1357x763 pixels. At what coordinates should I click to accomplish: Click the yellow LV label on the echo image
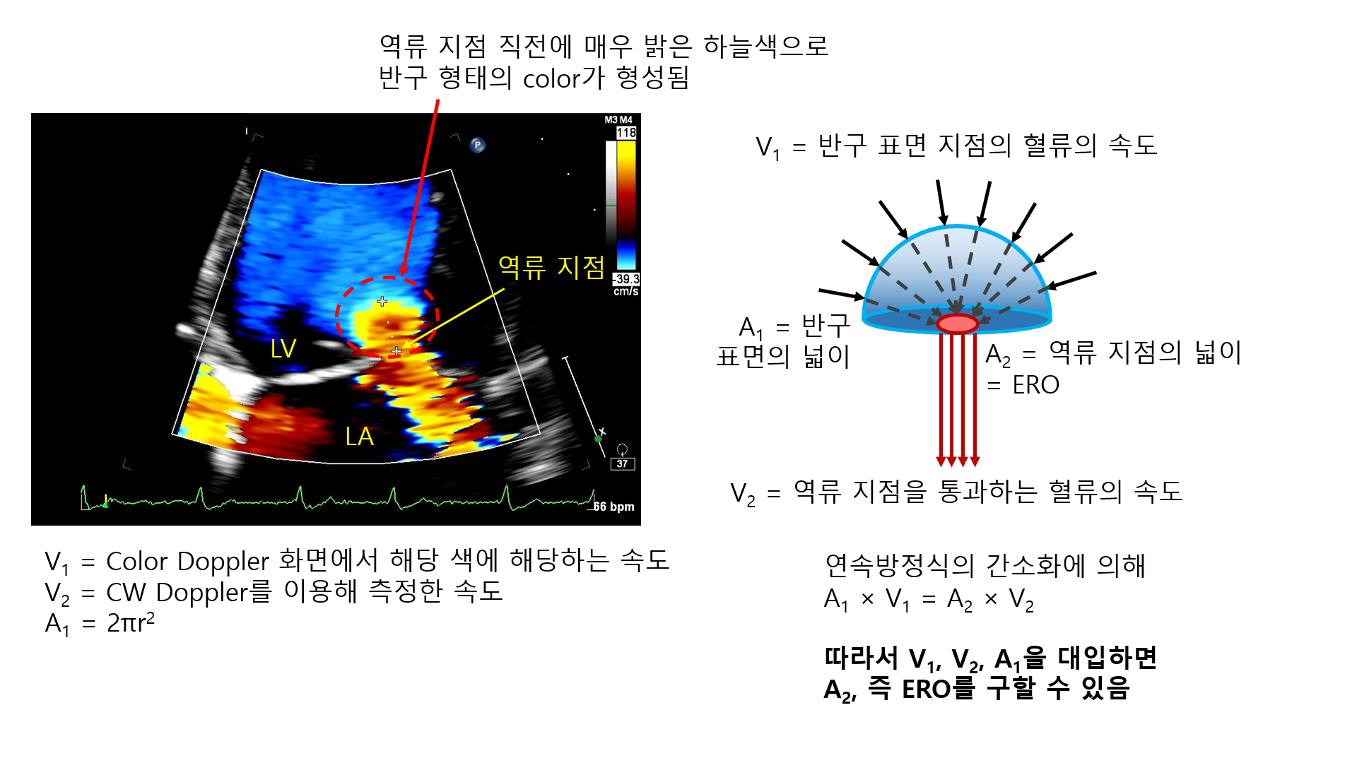coord(283,348)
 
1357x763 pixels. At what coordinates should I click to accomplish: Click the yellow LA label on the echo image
coord(359,437)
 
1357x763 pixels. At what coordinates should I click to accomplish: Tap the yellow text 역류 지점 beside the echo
coord(551,267)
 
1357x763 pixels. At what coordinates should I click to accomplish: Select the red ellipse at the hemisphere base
coord(958,324)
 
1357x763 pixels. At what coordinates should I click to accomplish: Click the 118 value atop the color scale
coord(626,133)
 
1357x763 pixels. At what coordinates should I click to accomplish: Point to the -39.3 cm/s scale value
coord(626,285)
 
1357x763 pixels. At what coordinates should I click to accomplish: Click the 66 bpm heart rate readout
coord(613,507)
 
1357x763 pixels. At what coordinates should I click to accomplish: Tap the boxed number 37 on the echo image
coord(622,464)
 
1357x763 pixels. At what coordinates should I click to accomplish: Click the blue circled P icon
coord(478,146)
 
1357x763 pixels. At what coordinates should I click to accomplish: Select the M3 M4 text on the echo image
coord(618,120)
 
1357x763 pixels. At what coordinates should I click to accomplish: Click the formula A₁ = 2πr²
coord(100,623)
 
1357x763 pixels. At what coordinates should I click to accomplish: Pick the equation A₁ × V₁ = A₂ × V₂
coord(929,600)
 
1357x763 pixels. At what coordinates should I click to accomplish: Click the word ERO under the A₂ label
coord(1035,385)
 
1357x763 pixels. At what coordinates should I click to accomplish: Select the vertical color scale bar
coord(626,205)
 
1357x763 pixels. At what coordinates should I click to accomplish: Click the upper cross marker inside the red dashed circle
coord(382,302)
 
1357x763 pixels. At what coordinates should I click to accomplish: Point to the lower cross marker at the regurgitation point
coord(396,350)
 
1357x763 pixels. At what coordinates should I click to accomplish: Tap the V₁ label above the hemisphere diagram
coord(768,148)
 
